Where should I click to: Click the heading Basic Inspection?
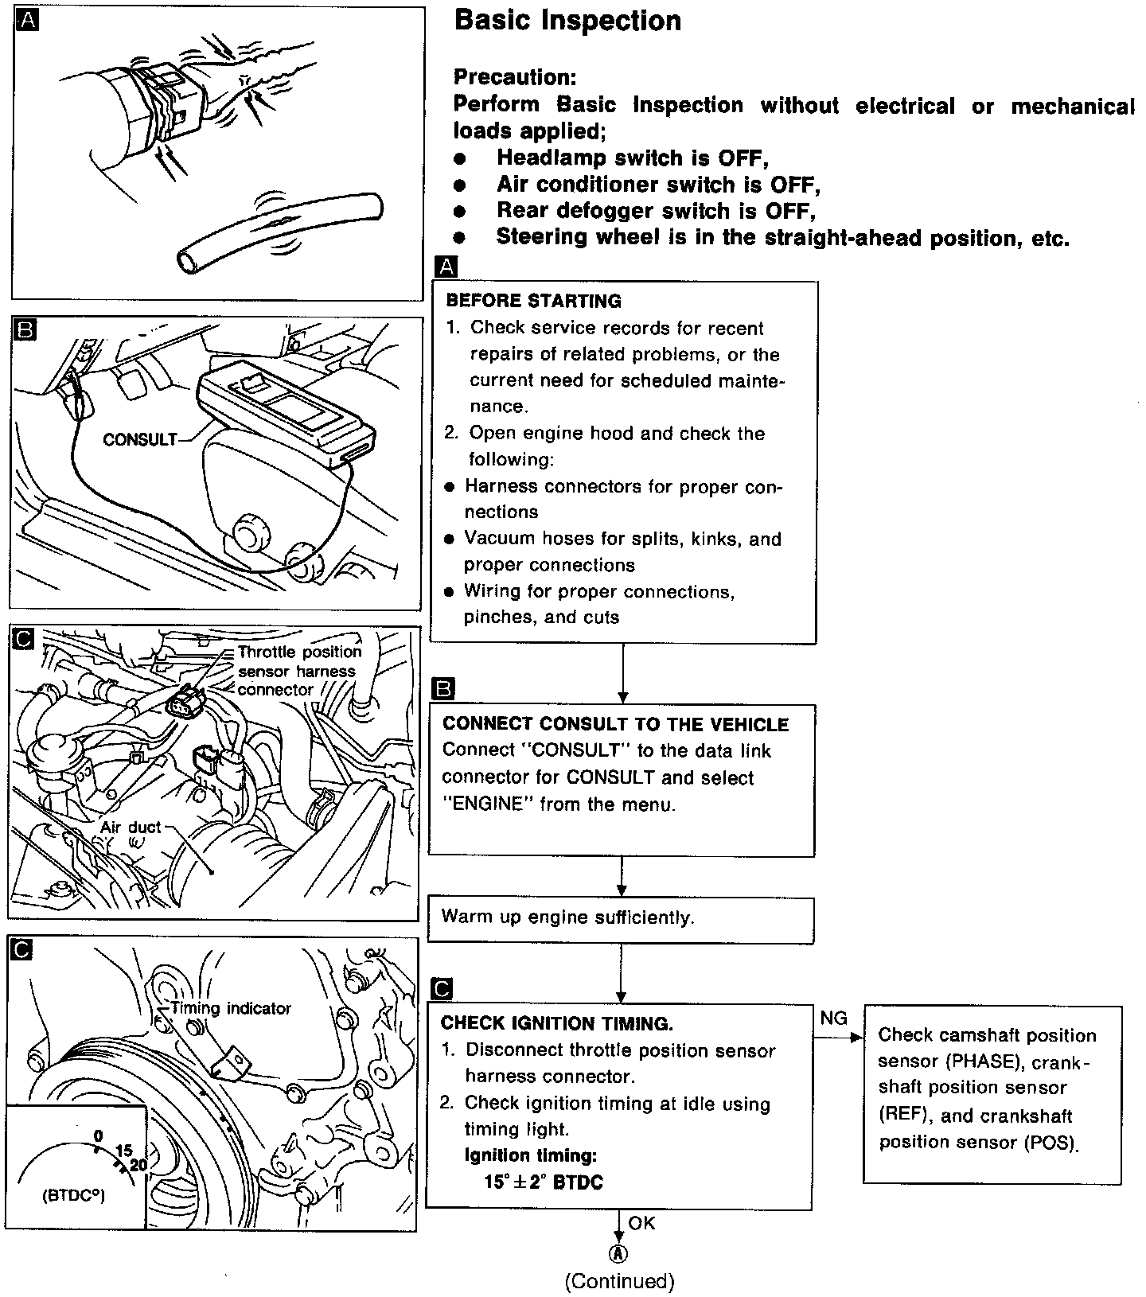point(567,21)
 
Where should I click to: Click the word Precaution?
point(514,77)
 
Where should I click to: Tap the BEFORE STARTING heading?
point(533,301)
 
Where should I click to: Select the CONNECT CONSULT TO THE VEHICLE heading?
point(615,724)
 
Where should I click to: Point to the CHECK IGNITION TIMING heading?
point(557,1023)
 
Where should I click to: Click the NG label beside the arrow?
point(833,1019)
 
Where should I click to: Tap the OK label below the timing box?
point(641,1223)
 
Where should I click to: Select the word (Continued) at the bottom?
point(619,1281)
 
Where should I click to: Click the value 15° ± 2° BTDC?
point(544,1182)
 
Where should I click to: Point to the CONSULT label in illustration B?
point(139,439)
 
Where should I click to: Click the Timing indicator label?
point(232,1008)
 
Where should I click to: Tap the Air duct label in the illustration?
point(131,828)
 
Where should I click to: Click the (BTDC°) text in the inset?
point(73,1195)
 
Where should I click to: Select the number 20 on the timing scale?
point(138,1165)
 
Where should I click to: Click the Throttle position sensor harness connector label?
point(298,671)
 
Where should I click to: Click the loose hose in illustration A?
point(279,231)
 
